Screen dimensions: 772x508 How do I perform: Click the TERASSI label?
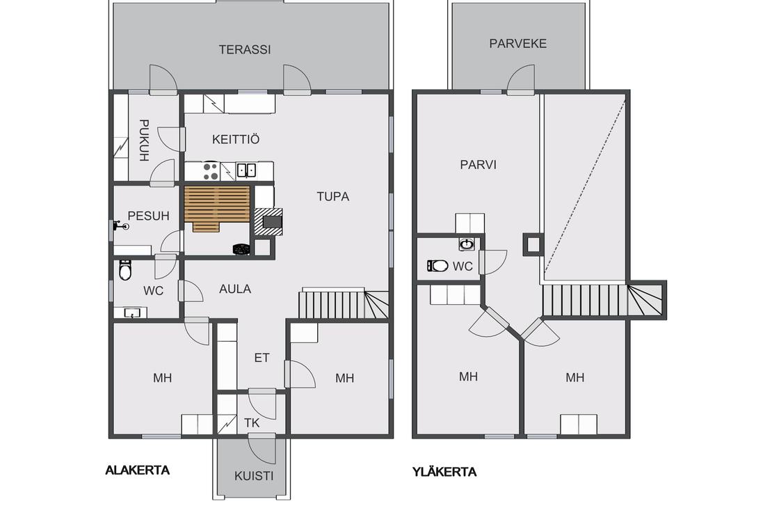coord(245,49)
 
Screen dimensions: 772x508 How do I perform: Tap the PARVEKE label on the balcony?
coord(517,43)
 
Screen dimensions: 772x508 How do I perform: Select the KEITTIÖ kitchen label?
coord(235,139)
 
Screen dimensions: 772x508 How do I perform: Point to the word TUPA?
coord(333,196)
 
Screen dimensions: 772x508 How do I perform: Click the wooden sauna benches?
coord(217,207)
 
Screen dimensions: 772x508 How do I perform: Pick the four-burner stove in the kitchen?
coord(211,170)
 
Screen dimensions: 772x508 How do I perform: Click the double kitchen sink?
coord(246,170)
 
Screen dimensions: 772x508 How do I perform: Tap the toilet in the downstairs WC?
coord(125,269)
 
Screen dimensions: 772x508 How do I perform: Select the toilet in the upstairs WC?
coord(437,266)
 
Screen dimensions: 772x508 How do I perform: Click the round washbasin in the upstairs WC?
coord(466,244)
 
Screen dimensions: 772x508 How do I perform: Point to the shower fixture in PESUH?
coord(120,225)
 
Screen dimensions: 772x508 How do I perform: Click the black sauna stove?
coord(241,249)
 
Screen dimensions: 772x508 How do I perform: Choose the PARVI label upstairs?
coord(478,164)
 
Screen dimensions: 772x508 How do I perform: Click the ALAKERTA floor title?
coord(138,470)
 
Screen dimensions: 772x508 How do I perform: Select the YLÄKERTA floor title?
coord(444,472)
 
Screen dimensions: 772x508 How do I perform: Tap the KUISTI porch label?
coord(254,476)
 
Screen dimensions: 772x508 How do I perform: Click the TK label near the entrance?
coord(252,423)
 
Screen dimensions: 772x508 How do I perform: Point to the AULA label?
coord(235,289)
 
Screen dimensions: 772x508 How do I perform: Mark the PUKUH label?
coord(143,141)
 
